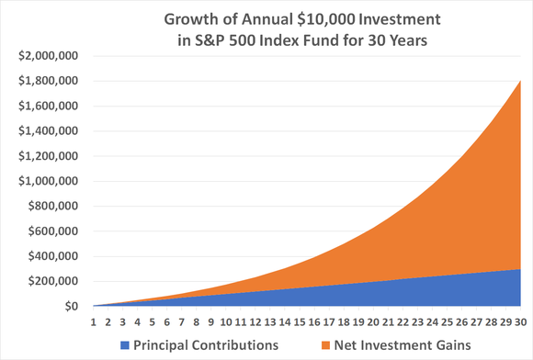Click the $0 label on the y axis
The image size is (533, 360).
click(70, 307)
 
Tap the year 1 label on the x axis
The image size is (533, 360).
click(94, 321)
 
